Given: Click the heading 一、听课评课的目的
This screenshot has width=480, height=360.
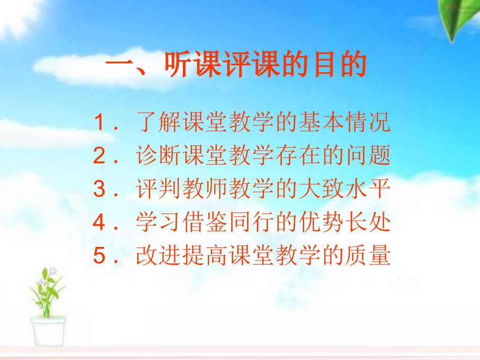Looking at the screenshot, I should pos(235,66).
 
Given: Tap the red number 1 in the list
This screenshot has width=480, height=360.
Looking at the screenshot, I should pos(99,123).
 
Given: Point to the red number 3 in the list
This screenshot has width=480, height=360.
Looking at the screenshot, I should pos(99,190).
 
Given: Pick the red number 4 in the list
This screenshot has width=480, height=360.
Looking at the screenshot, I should pos(99,223).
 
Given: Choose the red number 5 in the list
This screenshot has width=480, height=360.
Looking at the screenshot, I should pos(99,256).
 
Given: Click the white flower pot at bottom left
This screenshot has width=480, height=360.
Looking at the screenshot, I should pos(49,333).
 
